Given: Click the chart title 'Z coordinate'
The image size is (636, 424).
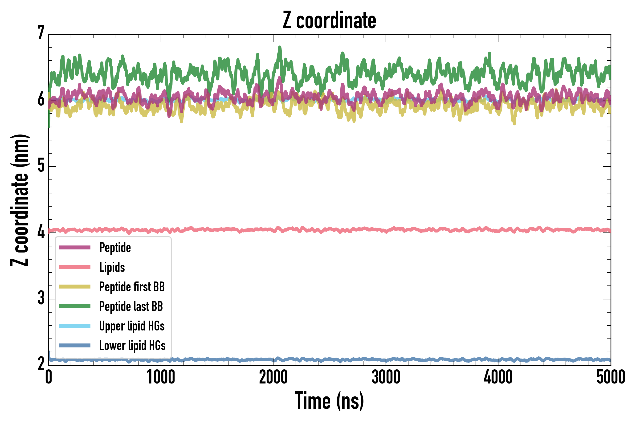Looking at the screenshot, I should tap(329, 20).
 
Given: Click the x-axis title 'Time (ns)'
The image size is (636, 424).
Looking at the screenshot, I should tap(329, 401).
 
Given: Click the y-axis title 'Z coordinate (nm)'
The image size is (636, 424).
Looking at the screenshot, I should tap(20, 200).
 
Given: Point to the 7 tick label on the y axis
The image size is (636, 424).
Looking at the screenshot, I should tap(41, 33).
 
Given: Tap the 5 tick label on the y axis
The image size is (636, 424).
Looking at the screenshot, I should tap(41, 166).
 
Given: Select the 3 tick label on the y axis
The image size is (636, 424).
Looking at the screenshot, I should tap(41, 298).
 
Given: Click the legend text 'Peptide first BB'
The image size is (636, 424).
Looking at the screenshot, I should tap(132, 287).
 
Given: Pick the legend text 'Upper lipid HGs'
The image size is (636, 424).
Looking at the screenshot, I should tap(132, 326).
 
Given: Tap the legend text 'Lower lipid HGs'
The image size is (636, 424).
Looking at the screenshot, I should tap(132, 345).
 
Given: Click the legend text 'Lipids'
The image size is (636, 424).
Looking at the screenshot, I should tap(112, 267).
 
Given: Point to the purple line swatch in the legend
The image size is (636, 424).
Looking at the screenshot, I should tap(75, 247).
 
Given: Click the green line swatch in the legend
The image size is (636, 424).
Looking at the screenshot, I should tap(75, 306).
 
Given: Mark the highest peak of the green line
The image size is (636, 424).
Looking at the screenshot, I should tap(280, 47).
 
